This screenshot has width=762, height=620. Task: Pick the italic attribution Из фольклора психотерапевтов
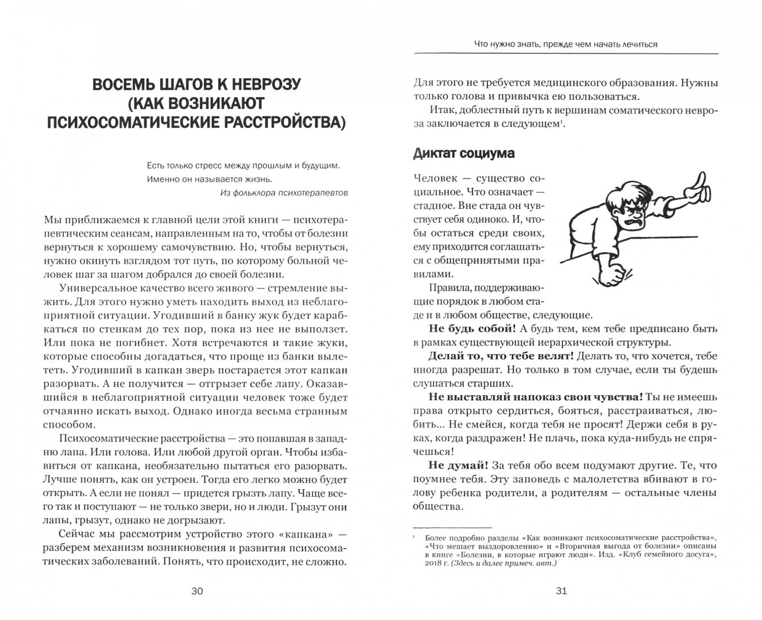(x=284, y=193)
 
